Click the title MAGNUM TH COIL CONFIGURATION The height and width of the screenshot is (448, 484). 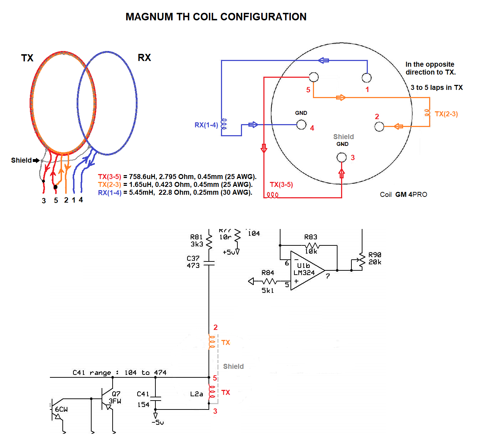(216, 17)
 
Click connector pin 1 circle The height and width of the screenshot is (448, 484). (366, 78)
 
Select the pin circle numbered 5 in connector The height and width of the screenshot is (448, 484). (314, 77)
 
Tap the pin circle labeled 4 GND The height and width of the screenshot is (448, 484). (301, 124)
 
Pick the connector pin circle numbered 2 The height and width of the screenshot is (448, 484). (379, 127)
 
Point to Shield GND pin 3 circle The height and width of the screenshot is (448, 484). (341, 157)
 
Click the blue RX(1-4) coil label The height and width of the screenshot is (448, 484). (206, 125)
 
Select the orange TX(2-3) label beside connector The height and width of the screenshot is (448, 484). (446, 114)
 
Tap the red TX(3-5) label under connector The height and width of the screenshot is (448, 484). (281, 185)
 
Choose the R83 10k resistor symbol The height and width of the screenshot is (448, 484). (312, 246)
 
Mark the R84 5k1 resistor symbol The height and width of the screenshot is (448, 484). (269, 281)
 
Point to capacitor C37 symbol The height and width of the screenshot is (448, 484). (209, 264)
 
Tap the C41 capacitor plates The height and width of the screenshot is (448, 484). (155, 398)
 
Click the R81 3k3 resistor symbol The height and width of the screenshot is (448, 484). (209, 241)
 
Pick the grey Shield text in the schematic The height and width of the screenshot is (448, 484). (233, 367)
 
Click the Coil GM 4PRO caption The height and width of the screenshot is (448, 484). (403, 195)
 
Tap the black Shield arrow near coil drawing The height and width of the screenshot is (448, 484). (36, 161)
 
